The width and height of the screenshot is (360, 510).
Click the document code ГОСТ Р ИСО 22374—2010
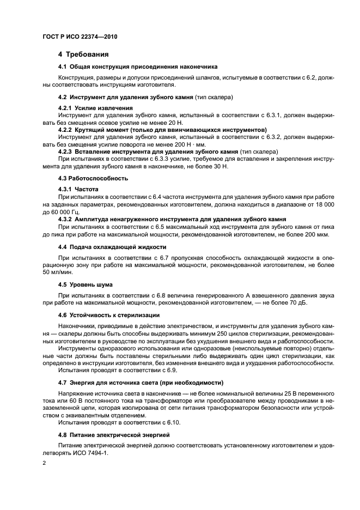tap(81, 37)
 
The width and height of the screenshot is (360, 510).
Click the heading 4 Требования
tap(83, 54)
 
